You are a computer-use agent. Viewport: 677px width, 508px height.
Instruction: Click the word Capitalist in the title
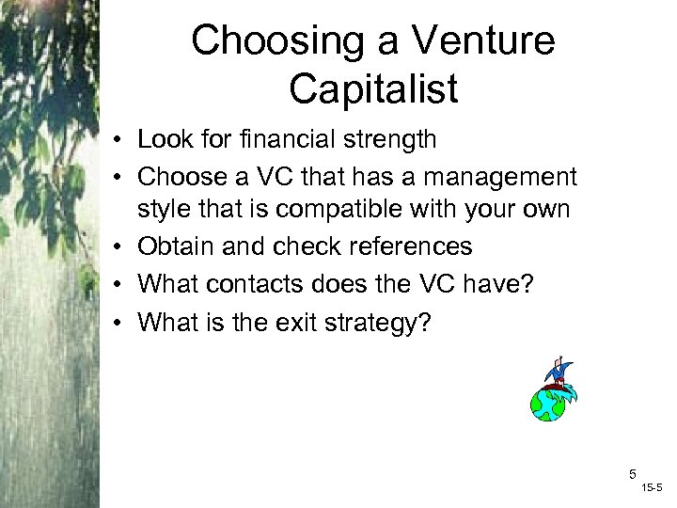(x=373, y=89)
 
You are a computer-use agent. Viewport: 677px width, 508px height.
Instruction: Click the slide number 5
(x=633, y=474)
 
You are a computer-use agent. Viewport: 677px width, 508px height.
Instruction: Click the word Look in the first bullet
(x=163, y=140)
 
